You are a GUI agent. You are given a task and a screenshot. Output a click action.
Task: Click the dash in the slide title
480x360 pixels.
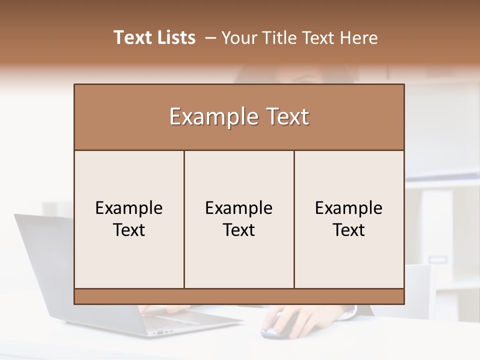pyautogui.click(x=210, y=38)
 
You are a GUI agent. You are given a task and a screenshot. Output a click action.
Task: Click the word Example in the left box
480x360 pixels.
pyautogui.click(x=129, y=208)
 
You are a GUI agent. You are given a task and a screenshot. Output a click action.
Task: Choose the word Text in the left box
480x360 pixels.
pyautogui.click(x=129, y=230)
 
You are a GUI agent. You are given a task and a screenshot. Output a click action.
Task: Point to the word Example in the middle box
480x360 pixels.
pyautogui.click(x=239, y=208)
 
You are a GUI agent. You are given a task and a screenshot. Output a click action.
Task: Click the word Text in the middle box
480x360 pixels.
pyautogui.click(x=239, y=230)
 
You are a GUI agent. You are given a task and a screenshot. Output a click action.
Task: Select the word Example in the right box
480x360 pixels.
pyautogui.click(x=348, y=208)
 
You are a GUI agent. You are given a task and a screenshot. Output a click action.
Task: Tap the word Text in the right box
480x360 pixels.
pyautogui.click(x=348, y=230)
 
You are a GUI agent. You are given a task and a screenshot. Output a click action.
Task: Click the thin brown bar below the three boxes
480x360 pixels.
pyautogui.click(x=239, y=296)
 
